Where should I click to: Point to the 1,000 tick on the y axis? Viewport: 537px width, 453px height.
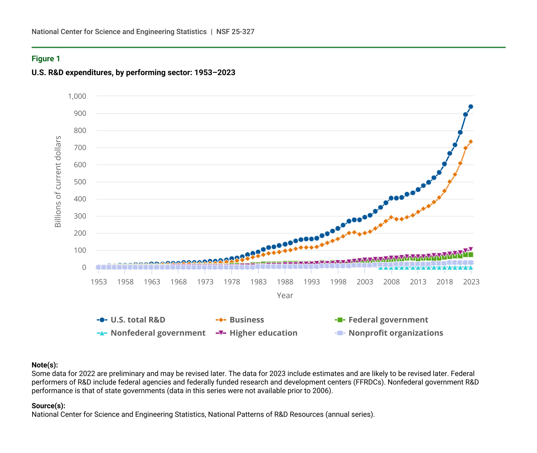tap(77, 96)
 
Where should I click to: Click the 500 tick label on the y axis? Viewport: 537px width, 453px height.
tap(80, 182)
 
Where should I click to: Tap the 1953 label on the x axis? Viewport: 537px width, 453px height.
tap(99, 282)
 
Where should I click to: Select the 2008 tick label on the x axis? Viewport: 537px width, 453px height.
tap(392, 282)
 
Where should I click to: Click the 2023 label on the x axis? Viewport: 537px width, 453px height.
tap(471, 282)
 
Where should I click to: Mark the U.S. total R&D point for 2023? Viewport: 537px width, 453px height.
tap(471, 107)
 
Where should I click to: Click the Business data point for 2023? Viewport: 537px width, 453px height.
tap(471, 142)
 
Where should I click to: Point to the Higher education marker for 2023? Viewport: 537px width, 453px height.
tap(471, 249)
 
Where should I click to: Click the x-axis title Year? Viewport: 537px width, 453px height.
tap(285, 295)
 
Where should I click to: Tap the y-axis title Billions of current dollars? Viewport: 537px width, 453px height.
tap(58, 182)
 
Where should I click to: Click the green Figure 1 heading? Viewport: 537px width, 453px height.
tap(46, 59)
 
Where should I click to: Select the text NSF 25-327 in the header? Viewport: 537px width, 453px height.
tap(235, 32)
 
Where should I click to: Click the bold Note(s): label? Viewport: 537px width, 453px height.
tap(45, 365)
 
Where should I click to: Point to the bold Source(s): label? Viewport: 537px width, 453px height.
tap(48, 406)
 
